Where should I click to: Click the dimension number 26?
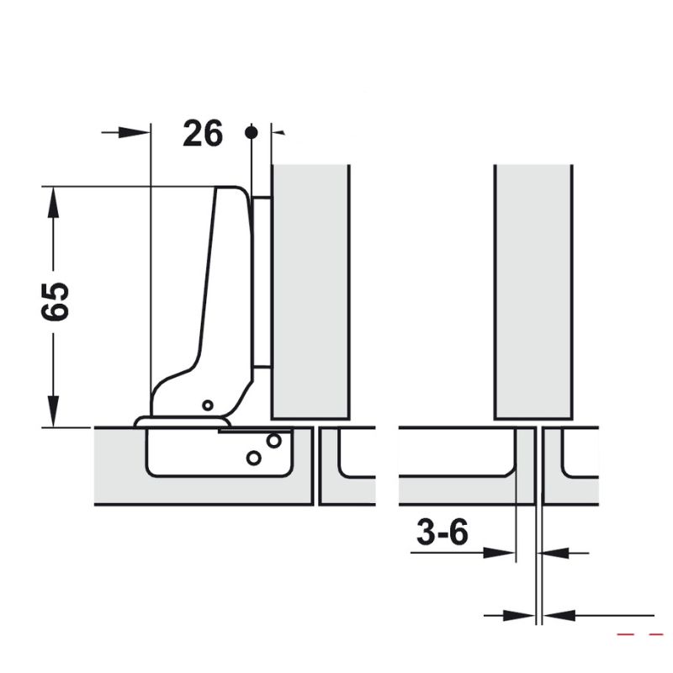point(202,133)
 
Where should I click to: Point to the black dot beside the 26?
point(250,132)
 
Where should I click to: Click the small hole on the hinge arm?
point(206,405)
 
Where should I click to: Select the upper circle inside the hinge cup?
point(273,440)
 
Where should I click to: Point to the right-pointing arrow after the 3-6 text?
point(501,553)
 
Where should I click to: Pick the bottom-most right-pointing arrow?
point(517,615)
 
